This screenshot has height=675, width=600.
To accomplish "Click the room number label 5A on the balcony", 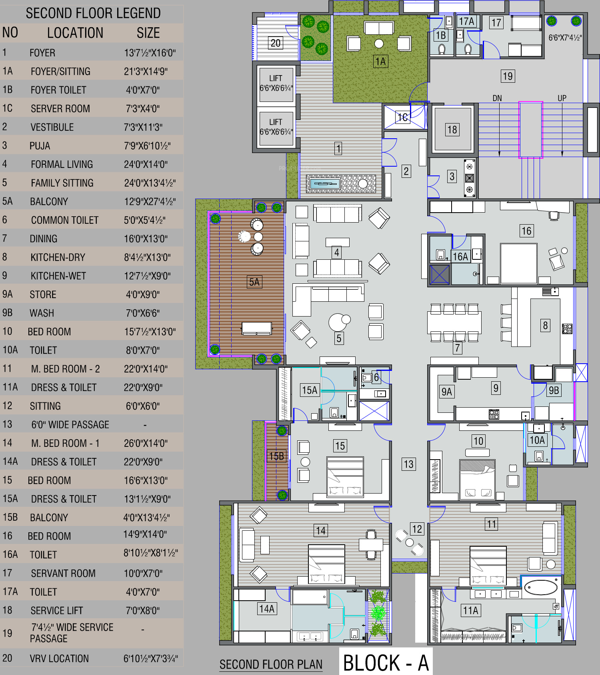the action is point(254,282).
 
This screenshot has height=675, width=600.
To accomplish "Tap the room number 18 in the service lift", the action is point(452,129).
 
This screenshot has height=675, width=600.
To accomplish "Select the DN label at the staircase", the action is point(497,98).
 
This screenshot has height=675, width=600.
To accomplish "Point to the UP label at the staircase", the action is point(562,98).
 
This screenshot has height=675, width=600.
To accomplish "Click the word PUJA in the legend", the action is point(40,146).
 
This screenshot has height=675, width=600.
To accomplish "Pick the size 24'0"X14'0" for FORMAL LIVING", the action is point(146,164).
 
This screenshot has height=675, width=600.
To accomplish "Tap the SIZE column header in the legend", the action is point(148,33).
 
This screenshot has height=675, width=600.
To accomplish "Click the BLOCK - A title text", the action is point(386,663).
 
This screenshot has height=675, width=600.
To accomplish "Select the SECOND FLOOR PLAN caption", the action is point(271,664).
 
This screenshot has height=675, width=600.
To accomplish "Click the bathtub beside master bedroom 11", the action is point(541,587).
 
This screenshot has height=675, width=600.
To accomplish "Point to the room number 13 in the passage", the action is point(408,464).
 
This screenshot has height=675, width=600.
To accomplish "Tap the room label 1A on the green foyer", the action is point(380,62).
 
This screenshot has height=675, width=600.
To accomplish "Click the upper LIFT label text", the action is point(276,78).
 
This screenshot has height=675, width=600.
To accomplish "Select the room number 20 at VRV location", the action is point(276,43).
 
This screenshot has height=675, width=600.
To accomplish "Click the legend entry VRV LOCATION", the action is point(59,658).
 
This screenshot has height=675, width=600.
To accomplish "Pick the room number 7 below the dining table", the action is point(457,348).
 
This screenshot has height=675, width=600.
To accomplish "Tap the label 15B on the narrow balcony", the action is point(276,456).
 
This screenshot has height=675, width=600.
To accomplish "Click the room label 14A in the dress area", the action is point(267,609).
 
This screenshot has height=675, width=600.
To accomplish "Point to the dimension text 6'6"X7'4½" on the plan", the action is point(565,38).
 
